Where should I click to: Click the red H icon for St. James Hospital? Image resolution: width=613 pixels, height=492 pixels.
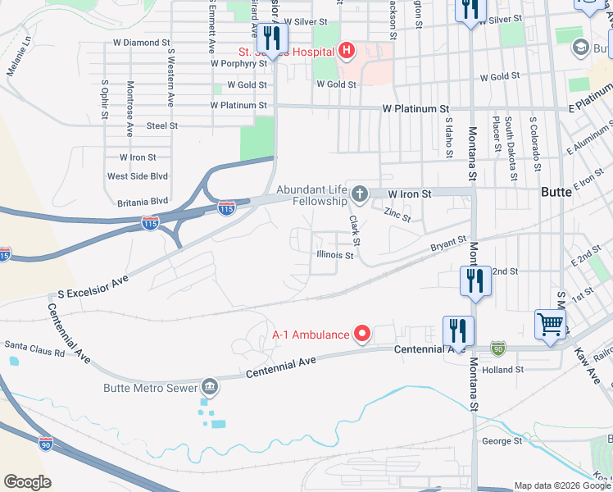click(346, 52)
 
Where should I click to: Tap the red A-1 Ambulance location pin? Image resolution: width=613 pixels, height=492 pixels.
click(362, 334)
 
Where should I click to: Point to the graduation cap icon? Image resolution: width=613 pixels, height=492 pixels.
click(581, 48)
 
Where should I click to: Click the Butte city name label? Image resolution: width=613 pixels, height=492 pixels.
click(562, 192)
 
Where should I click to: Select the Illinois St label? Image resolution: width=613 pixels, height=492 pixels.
click(335, 255)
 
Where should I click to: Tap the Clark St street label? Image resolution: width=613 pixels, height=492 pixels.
click(355, 230)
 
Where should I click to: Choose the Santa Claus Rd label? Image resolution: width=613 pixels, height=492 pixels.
click(35, 348)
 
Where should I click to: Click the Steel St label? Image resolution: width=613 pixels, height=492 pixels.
click(162, 125)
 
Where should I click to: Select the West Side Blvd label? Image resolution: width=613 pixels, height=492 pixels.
click(138, 176)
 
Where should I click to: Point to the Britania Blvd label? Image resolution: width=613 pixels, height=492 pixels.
click(137, 200)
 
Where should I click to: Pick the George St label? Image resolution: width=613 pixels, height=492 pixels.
click(502, 441)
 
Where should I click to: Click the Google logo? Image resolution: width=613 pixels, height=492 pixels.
click(27, 482)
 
